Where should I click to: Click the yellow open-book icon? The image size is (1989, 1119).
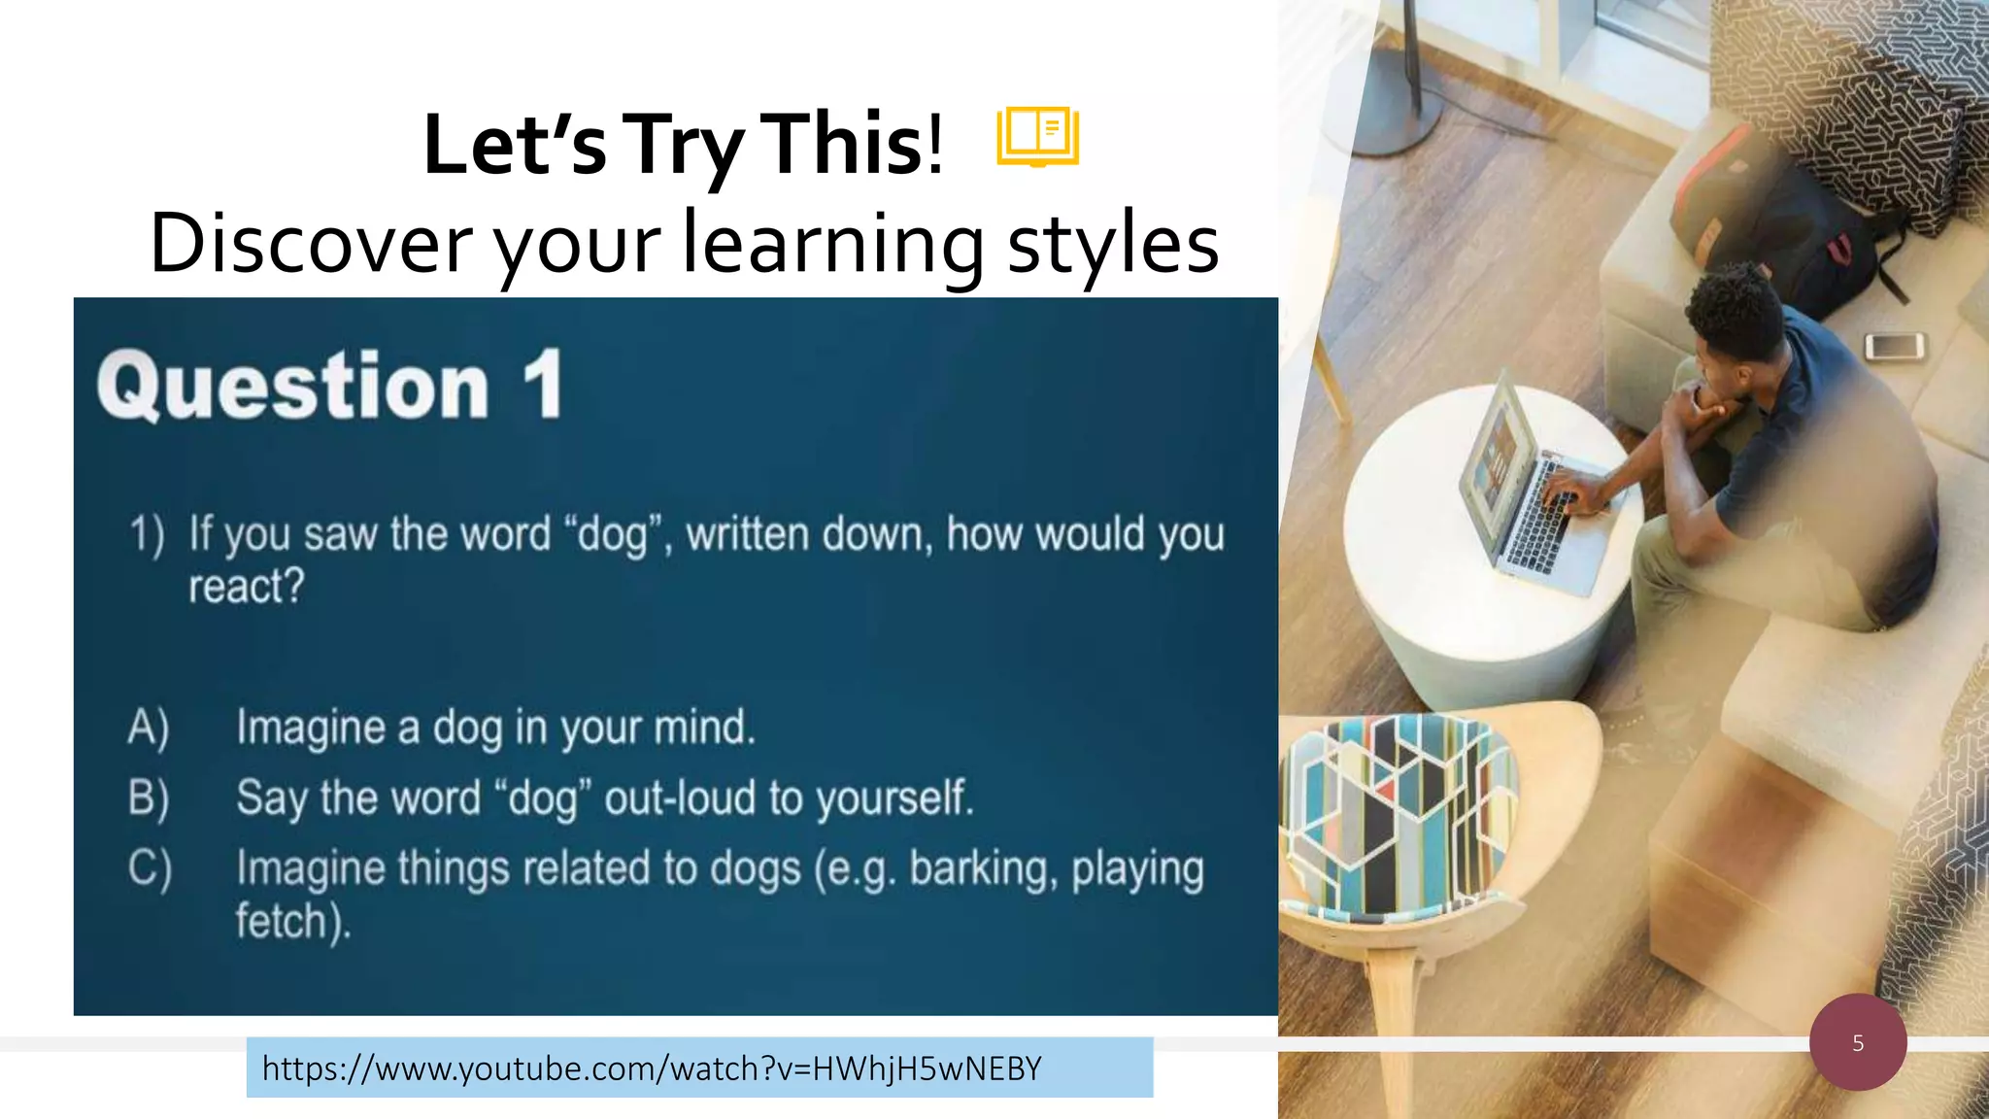tap(1037, 136)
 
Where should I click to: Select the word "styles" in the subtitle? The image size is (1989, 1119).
tap(1113, 245)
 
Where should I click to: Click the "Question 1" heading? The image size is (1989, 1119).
tap(330, 386)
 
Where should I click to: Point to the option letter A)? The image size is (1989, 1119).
tap(149, 728)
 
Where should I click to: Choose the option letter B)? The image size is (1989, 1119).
tap(149, 797)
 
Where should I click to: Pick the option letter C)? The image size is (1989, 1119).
tap(150, 867)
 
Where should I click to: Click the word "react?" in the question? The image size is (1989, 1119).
tap(247, 587)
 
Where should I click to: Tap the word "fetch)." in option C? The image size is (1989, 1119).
tap(292, 921)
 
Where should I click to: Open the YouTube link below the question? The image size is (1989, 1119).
tap(652, 1068)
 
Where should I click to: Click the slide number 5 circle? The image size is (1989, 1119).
tap(1857, 1042)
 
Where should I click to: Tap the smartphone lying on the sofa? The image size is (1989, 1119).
tap(1894, 345)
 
